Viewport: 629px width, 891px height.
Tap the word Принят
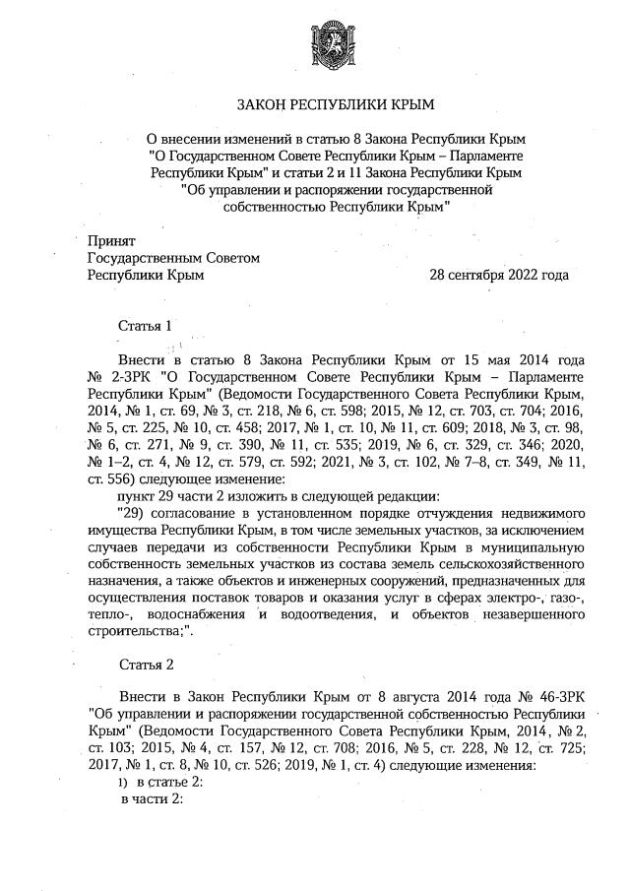coord(111,241)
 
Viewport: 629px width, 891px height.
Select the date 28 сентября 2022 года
coord(499,275)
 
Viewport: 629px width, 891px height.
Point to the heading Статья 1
coord(145,325)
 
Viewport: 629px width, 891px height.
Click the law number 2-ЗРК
coord(125,377)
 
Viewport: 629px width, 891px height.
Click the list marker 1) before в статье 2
coord(123,783)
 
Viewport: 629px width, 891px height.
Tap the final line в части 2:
coord(153,799)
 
